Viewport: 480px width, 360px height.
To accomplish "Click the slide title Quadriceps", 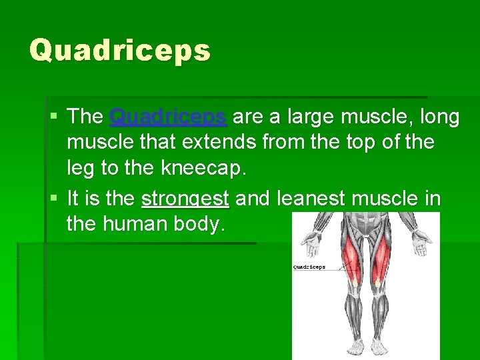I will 120,50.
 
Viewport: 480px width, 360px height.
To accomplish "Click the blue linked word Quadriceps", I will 168,117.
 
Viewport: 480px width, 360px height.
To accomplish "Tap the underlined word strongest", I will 185,199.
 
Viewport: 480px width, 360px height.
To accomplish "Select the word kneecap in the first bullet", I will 204,168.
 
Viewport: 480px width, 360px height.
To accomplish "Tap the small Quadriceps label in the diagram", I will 309,267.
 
